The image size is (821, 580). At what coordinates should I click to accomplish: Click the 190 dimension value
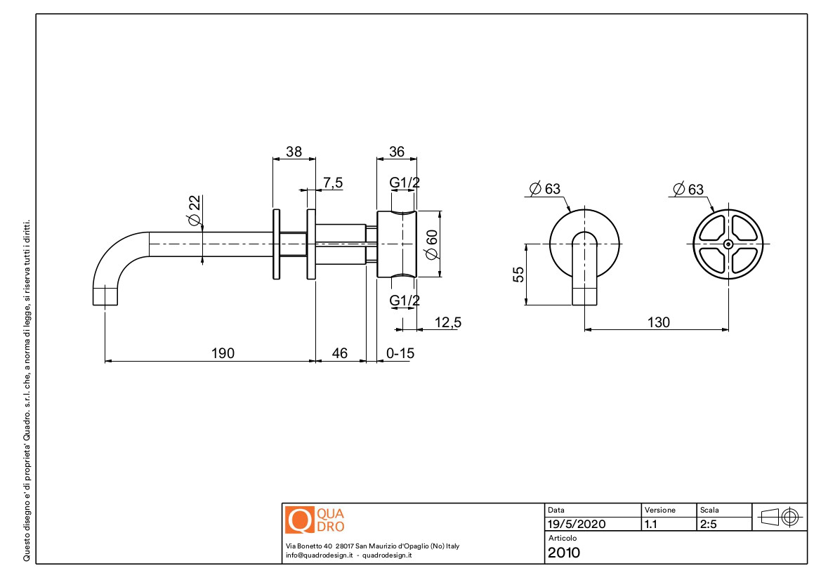223,353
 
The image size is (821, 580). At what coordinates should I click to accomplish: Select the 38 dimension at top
294,152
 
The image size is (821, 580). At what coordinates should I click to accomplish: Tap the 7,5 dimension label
332,183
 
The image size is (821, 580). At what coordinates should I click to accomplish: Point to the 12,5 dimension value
447,322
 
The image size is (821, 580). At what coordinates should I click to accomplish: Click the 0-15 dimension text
400,353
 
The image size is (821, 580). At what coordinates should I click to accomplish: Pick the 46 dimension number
339,353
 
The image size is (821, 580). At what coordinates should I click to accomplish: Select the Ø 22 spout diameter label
195,211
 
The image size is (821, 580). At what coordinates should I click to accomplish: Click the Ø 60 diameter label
431,244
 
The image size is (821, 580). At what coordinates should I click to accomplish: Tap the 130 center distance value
658,322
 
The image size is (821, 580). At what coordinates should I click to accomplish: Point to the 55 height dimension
518,275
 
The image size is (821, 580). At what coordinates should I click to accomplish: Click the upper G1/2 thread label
405,183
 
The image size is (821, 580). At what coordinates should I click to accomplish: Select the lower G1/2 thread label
405,301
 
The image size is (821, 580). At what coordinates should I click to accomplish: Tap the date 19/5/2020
577,524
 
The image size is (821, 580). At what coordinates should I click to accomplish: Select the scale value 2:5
709,524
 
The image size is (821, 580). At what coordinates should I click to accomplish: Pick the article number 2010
564,553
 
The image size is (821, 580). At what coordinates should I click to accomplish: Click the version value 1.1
651,524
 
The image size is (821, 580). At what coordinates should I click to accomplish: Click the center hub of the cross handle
728,244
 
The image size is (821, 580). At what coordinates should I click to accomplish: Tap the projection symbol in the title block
780,518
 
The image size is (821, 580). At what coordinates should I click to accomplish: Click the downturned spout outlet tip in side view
105,305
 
